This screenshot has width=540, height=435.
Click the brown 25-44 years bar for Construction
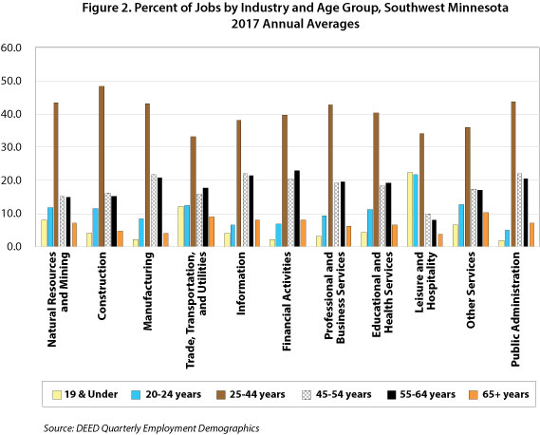[x=102, y=166]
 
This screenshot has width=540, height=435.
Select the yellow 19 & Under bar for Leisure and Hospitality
[x=410, y=209]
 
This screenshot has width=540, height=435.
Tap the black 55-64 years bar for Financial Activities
[x=297, y=209]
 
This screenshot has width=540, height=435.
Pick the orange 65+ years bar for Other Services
[x=486, y=229]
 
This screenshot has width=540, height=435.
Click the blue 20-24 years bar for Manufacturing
[x=141, y=233]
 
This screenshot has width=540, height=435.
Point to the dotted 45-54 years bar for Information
[x=245, y=210]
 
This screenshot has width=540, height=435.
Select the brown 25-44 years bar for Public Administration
[x=513, y=174]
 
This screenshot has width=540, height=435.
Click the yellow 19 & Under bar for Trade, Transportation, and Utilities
[x=181, y=226]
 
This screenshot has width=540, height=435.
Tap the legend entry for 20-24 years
[x=166, y=394]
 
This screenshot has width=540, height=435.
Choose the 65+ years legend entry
[x=499, y=394]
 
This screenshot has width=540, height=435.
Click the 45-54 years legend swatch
[x=307, y=395]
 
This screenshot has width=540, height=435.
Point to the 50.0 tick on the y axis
[x=11, y=81]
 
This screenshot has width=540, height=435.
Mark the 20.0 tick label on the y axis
[x=11, y=180]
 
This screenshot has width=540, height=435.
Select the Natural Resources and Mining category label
[x=58, y=299]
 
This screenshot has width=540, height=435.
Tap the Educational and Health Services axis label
[x=382, y=294]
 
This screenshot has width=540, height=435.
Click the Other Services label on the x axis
[x=471, y=291]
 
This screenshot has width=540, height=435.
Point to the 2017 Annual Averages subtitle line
[x=295, y=24]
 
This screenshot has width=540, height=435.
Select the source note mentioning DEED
[x=152, y=428]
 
